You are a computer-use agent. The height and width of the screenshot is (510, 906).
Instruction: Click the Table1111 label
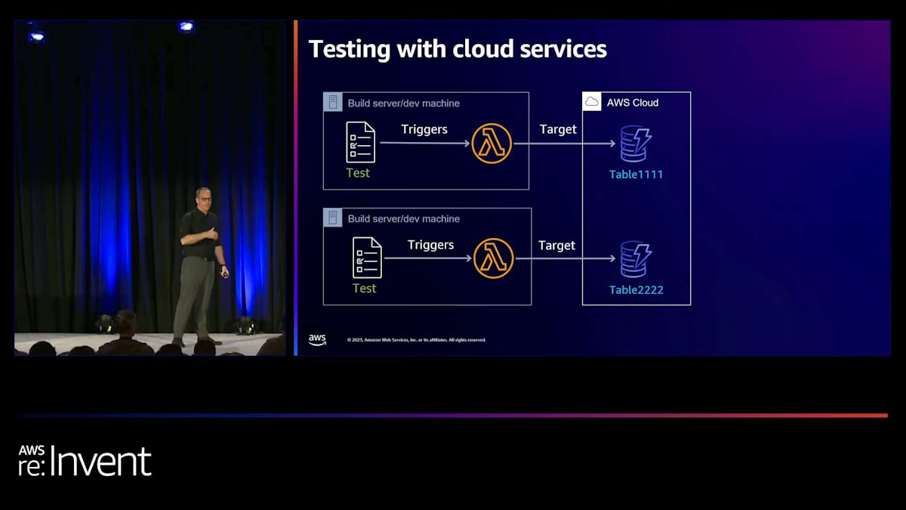(x=636, y=175)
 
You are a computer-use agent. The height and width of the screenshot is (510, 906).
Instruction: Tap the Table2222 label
(x=636, y=289)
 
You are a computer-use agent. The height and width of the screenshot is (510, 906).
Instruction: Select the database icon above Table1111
(x=635, y=144)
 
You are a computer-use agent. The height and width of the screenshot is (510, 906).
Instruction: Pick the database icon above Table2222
(x=635, y=258)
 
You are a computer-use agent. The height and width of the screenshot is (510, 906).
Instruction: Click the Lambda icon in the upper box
(x=492, y=144)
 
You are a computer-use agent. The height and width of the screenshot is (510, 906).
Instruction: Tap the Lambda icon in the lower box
(x=493, y=258)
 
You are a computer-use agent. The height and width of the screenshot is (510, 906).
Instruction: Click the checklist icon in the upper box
(x=360, y=142)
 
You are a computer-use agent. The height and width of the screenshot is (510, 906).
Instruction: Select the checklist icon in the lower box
(x=367, y=258)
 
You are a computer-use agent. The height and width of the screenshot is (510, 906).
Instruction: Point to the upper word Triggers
(x=424, y=129)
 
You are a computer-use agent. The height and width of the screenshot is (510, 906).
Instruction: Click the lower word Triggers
(x=430, y=245)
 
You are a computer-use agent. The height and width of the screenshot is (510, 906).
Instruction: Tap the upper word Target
(x=558, y=129)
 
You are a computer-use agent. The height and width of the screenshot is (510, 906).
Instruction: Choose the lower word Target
(x=556, y=246)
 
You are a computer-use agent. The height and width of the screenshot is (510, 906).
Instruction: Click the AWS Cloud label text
(x=633, y=103)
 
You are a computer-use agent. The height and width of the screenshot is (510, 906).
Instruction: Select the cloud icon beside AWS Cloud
(x=592, y=102)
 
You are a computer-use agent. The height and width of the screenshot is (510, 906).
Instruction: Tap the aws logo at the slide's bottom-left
(x=317, y=340)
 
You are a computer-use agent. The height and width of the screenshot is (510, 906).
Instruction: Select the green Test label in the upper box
(x=358, y=173)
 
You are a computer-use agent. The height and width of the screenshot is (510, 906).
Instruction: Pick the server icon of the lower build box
(x=332, y=218)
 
